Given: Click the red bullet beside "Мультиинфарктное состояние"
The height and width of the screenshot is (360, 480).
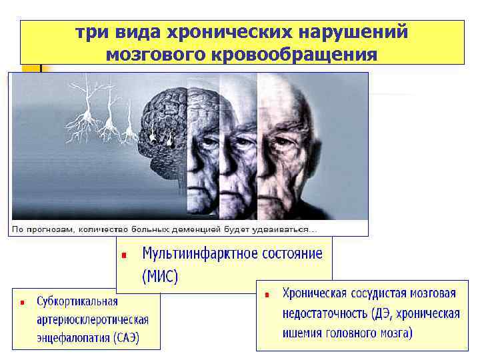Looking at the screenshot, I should (124, 255).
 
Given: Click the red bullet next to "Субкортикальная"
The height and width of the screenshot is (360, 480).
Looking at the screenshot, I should (22, 302).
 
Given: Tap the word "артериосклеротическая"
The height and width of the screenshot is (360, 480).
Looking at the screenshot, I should (93, 319).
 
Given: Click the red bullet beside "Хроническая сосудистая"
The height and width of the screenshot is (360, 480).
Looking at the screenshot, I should (267, 294).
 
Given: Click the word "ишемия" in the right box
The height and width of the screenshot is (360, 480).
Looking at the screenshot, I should (303, 333).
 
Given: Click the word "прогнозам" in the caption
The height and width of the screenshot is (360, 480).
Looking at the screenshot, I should (50, 229).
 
